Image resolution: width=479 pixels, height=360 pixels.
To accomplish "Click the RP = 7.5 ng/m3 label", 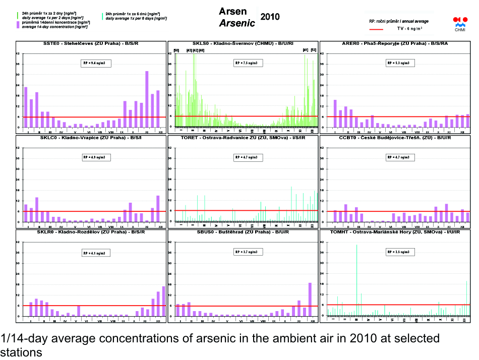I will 248,63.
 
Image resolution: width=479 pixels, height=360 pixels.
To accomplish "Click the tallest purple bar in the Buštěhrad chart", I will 310,299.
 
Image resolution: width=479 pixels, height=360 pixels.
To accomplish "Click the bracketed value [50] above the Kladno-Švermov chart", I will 176,50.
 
